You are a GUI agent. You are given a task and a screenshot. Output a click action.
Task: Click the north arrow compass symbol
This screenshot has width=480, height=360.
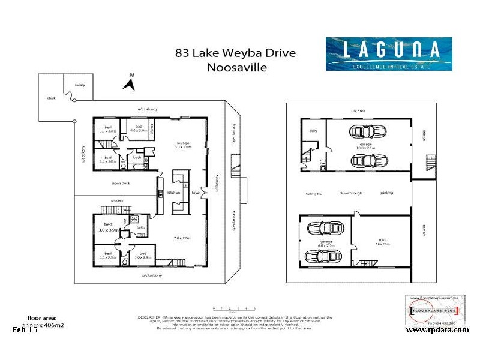(128, 82)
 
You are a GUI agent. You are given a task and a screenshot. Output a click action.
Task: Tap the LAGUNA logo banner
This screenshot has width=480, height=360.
(388, 54)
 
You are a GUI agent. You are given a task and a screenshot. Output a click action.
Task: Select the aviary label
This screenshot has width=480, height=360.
(80, 85)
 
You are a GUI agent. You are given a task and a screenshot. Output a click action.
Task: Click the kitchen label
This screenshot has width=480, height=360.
(173, 193)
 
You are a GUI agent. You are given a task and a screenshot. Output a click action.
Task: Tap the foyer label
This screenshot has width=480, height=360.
(196, 193)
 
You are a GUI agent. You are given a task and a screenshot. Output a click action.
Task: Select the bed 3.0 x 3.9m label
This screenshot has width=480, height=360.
(109, 227)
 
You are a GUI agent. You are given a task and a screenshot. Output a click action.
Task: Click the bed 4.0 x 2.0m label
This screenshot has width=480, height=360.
(139, 128)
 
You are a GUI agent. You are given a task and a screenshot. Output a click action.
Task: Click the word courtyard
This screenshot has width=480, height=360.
(314, 193)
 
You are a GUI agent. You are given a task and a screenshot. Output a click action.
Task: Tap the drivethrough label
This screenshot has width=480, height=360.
(350, 193)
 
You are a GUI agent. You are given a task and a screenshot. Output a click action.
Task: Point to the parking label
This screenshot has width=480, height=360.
(387, 193)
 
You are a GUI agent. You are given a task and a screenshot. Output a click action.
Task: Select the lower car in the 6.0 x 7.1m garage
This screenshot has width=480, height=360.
(323, 256)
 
